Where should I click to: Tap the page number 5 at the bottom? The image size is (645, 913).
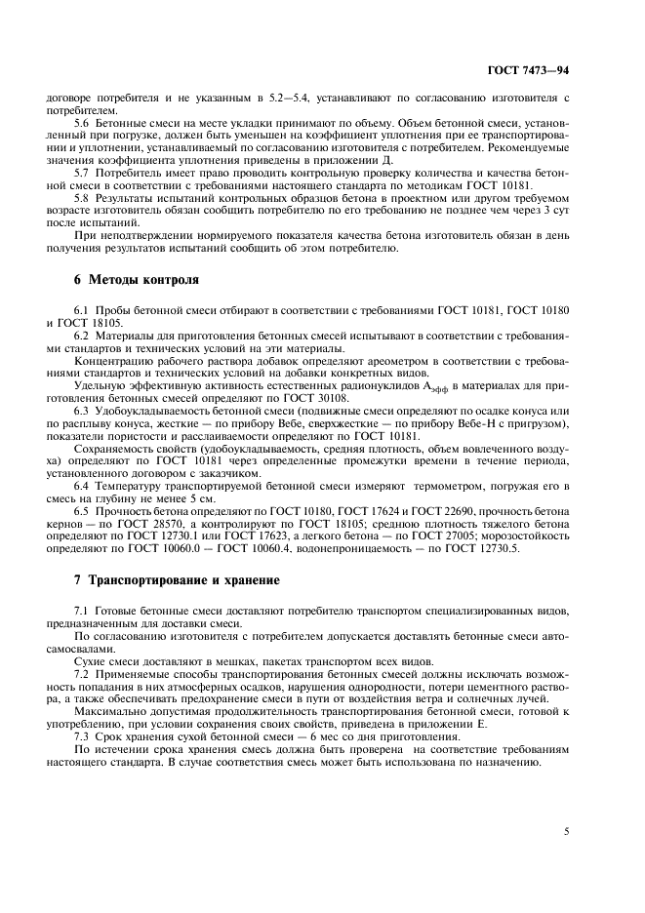[x=567, y=832]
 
